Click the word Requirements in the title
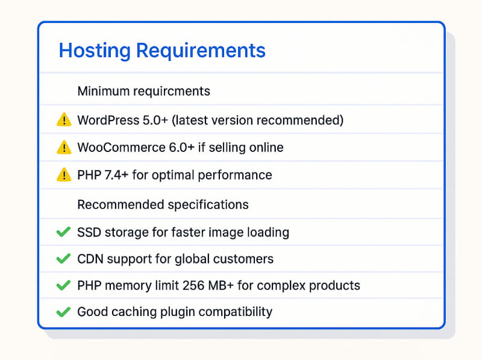click(x=201, y=51)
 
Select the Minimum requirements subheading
click(x=143, y=91)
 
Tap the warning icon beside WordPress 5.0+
click(x=63, y=120)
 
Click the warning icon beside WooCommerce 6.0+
click(x=63, y=147)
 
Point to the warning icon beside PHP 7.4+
click(x=63, y=175)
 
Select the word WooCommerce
click(x=115, y=147)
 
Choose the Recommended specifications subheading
click(x=163, y=204)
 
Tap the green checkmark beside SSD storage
click(x=63, y=232)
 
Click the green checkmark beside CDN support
click(x=63, y=259)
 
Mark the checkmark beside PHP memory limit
click(x=63, y=285)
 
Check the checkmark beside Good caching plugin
click(x=63, y=312)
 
